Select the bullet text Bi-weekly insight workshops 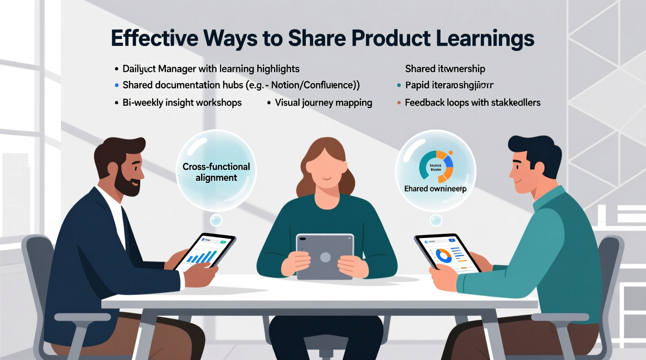(182, 103)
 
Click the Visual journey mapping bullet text (323, 103)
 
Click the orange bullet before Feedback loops (399, 103)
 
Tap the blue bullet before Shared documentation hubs (116, 85)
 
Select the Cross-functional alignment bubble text (216, 172)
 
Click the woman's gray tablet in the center (325, 256)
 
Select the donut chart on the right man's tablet (443, 255)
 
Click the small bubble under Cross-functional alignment (216, 220)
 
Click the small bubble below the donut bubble (436, 220)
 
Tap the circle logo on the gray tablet (325, 257)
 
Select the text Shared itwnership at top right (445, 69)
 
